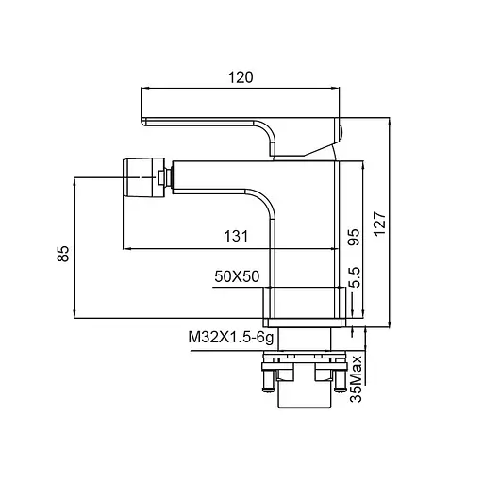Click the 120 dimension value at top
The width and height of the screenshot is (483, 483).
click(241, 77)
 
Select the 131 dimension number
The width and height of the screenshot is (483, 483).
click(236, 236)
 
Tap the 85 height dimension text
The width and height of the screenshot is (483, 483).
click(63, 254)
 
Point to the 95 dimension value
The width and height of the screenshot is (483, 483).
click(354, 237)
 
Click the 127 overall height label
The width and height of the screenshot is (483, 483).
click(379, 224)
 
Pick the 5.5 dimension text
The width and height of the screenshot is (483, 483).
click(355, 277)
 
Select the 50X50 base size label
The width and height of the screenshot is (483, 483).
click(237, 276)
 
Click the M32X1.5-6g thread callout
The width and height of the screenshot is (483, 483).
click(231, 338)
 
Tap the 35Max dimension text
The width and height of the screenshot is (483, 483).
click(357, 379)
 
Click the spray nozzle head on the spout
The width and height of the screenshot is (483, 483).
click(143, 178)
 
